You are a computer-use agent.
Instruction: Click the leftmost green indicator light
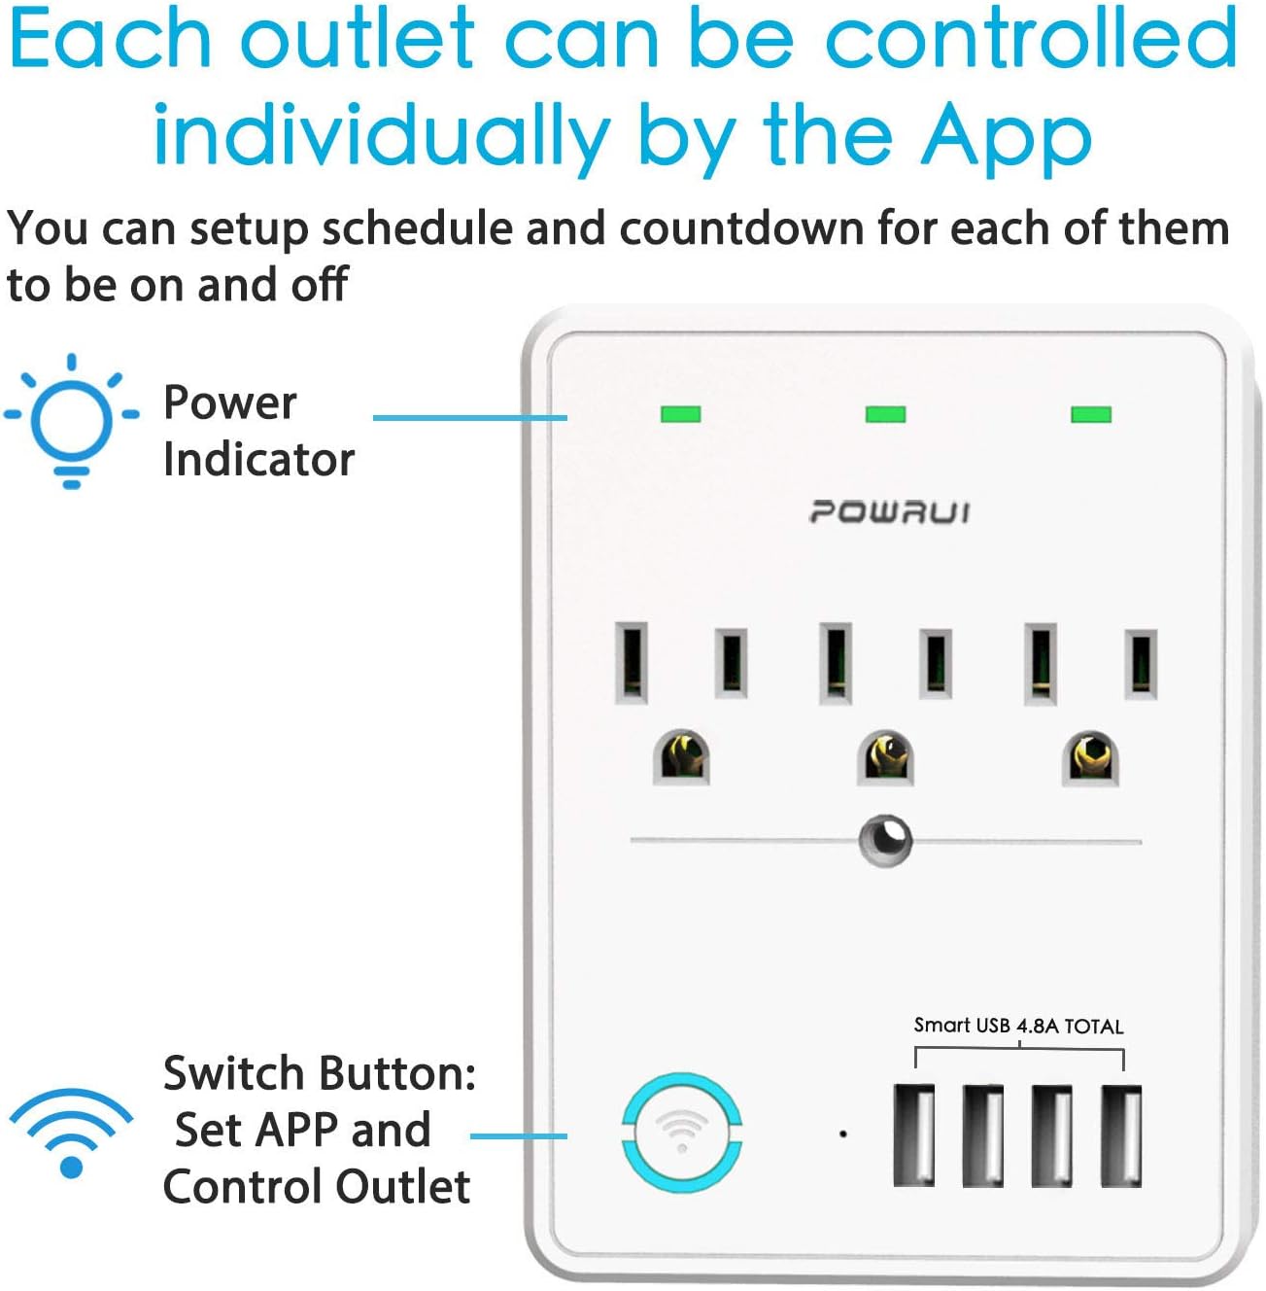point(680,414)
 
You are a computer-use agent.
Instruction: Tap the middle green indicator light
point(885,414)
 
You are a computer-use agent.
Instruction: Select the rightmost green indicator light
point(1090,414)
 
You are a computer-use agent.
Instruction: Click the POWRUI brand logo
point(889,512)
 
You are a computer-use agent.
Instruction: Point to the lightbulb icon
point(71,421)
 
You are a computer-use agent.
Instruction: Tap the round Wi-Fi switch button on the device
point(681,1134)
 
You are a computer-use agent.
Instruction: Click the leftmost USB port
point(913,1135)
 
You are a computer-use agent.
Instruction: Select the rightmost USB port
point(1121,1135)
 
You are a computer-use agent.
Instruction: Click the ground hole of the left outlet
point(681,757)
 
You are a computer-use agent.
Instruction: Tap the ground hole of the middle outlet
point(886,757)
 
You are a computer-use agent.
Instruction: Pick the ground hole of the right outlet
point(1091,757)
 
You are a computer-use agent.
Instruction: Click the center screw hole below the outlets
point(885,840)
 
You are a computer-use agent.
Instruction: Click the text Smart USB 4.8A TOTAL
point(1018,1026)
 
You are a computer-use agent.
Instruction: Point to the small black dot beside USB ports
point(842,1134)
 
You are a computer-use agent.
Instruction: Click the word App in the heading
point(1007,137)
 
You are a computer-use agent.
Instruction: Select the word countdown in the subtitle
point(741,229)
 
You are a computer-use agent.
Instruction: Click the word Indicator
point(258,459)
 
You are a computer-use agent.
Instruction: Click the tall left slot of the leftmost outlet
point(632,663)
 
